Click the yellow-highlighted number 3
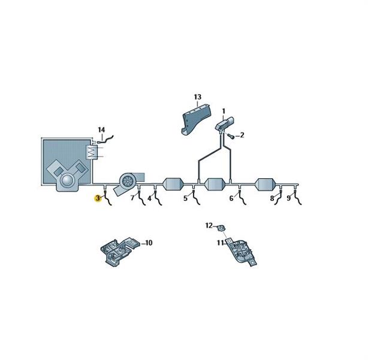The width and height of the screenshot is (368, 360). pos(98,199)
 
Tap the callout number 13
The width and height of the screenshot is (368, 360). pos(198,97)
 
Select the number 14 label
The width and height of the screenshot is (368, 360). pos(101,130)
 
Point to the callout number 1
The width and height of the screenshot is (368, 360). pos(224,111)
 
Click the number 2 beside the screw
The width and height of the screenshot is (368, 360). pos(242,135)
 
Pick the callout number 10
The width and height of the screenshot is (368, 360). pos(149,242)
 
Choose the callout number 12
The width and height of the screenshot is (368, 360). pos(209,226)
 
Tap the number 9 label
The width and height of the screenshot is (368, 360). pos(289,199)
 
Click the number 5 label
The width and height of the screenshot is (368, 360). pos(185,199)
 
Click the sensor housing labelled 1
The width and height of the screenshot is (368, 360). pos(224,123)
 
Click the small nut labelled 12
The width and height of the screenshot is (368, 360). pos(221,227)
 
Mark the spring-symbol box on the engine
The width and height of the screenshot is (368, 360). pos(92,152)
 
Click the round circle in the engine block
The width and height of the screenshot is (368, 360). pos(67,181)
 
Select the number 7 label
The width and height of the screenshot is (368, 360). pos(132,198)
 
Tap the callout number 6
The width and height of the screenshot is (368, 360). pos(231,199)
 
